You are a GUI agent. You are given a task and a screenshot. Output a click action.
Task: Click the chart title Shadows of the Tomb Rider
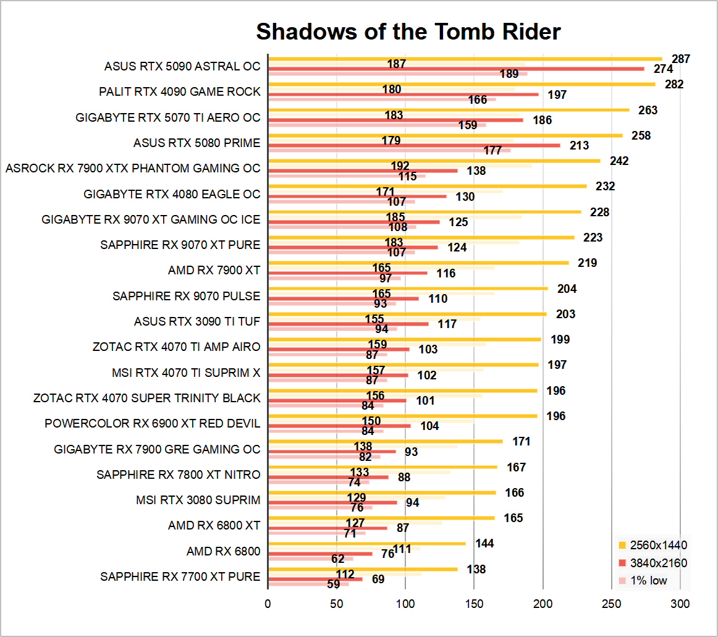tap(408, 32)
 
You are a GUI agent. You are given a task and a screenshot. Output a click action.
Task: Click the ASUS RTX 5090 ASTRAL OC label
tap(182, 66)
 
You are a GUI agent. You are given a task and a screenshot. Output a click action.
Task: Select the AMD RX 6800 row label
tap(223, 551)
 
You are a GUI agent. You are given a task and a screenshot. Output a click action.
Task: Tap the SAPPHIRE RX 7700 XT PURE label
tap(180, 577)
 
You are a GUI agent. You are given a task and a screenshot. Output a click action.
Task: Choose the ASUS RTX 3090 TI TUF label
tap(197, 322)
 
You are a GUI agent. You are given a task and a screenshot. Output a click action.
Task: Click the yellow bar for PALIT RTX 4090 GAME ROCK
tap(462, 84)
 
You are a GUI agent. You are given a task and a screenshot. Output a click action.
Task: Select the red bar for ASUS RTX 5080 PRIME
tap(415, 146)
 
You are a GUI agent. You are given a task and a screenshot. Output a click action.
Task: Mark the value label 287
tap(681, 59)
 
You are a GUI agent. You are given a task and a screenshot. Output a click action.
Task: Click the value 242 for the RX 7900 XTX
tap(619, 161)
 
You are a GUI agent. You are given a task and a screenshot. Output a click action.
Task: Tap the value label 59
tap(334, 584)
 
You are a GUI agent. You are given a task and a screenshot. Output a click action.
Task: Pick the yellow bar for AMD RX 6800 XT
tap(382, 518)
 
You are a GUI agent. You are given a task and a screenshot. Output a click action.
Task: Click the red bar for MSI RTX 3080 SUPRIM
tap(333, 502)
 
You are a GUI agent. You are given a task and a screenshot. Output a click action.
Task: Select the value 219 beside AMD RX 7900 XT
tap(587, 263)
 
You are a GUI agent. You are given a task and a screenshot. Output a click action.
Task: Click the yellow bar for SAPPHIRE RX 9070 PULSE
tap(408, 288)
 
